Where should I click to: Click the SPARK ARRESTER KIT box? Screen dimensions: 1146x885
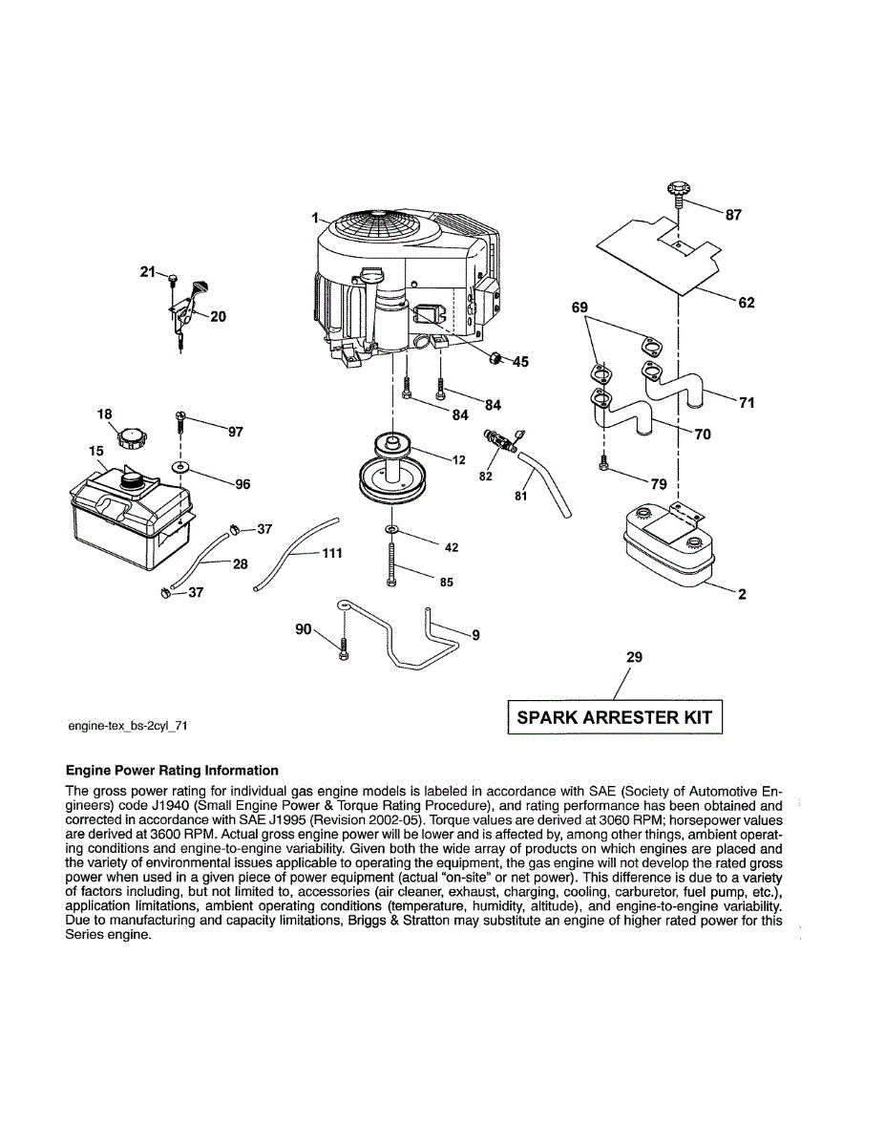tap(614, 717)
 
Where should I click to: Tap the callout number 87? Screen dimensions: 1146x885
tap(733, 215)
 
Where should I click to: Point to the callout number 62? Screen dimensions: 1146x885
tap(747, 303)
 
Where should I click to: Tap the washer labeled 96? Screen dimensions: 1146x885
tap(180, 468)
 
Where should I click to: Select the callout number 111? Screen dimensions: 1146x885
tap(332, 553)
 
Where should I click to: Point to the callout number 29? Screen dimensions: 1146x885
tap(634, 657)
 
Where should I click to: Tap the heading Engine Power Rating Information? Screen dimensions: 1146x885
tap(172, 771)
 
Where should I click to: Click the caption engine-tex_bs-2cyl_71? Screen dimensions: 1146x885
tap(127, 726)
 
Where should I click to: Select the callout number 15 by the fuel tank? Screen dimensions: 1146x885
tap(96, 449)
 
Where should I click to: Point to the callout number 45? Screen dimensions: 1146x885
tap(520, 362)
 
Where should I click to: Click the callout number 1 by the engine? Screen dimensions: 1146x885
tap(313, 219)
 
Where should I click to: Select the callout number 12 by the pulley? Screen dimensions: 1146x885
tap(459, 460)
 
